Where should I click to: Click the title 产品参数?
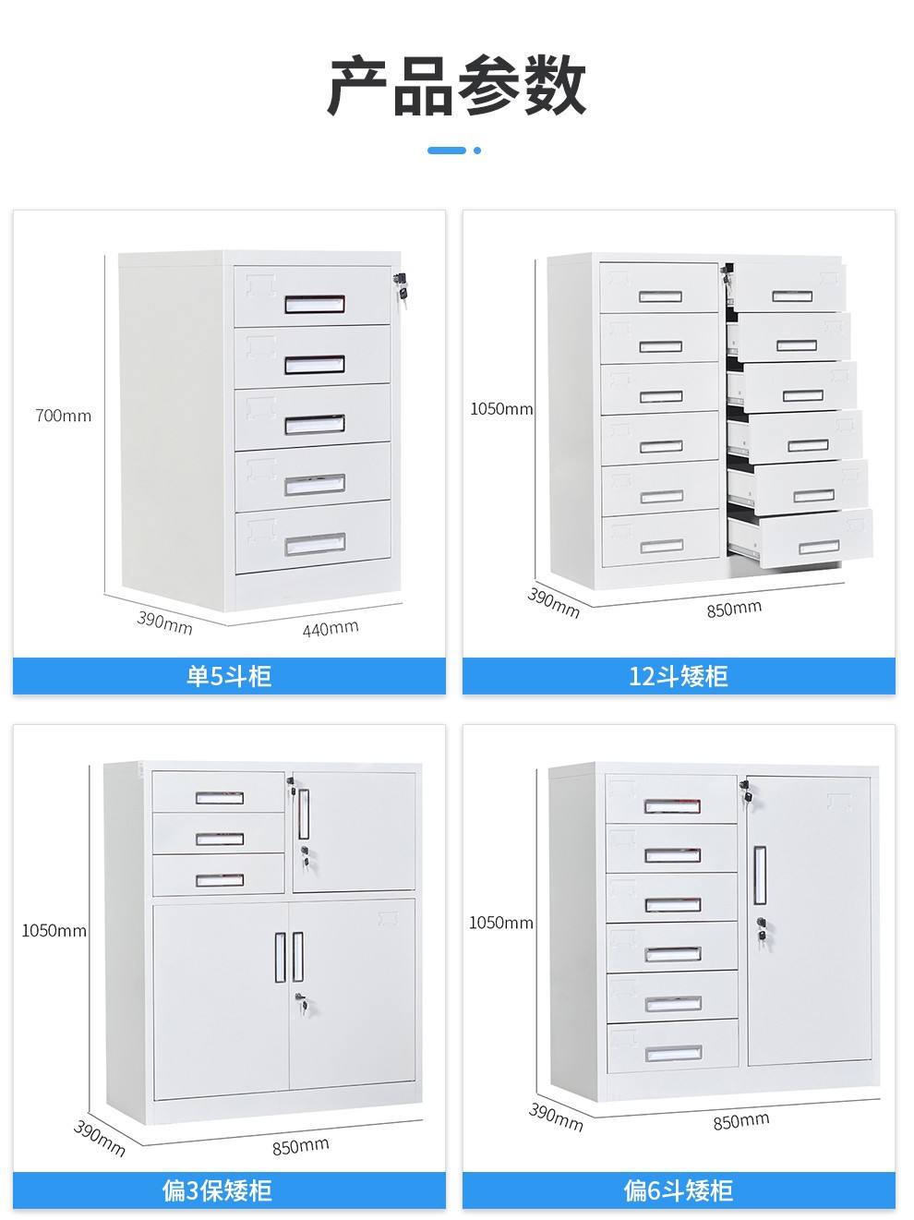click(457, 86)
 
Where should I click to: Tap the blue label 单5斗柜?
click(229, 676)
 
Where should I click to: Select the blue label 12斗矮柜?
click(679, 676)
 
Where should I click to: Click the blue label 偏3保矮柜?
click(218, 1190)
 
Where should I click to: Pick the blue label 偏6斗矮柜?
click(679, 1190)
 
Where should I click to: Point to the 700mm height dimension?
click(64, 416)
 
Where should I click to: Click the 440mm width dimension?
click(330, 629)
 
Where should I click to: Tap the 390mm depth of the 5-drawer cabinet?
click(165, 622)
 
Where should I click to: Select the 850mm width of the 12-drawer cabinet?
click(734, 609)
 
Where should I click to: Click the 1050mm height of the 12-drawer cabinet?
click(501, 408)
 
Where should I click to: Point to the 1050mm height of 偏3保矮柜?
click(54, 930)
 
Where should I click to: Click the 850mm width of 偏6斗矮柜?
click(740, 1121)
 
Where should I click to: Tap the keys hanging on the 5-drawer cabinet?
click(400, 287)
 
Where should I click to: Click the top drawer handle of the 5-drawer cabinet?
click(314, 304)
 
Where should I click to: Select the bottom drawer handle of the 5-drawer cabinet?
click(314, 545)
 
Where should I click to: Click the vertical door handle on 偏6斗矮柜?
click(760, 875)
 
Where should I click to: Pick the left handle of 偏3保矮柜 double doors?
click(280, 957)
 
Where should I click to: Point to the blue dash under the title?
click(447, 150)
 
